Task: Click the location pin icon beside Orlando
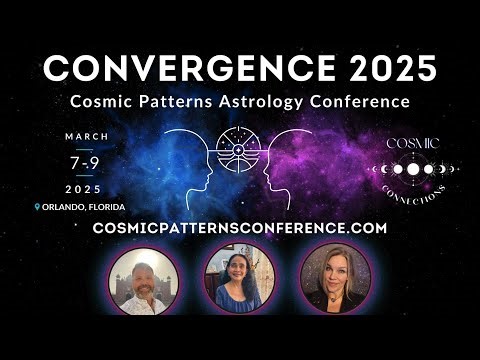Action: coord(37,207)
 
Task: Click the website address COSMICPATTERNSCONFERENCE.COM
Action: coord(239,228)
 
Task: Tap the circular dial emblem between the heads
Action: coord(240,150)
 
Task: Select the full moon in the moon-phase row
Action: coord(411,169)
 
